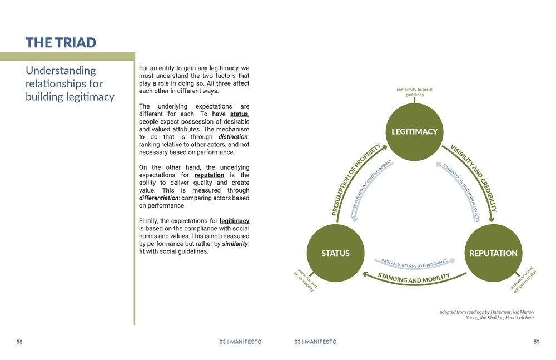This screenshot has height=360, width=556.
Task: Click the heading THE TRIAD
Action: [61, 42]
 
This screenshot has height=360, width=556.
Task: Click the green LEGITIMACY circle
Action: [414, 132]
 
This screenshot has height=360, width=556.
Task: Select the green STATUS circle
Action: [335, 253]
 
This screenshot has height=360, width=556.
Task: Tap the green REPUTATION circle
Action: [493, 253]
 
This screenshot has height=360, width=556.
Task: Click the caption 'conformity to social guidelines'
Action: [414, 92]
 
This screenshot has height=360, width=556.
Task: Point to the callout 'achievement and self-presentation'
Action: [523, 279]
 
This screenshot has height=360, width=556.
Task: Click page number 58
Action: [19, 342]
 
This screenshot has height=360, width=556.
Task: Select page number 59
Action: [536, 342]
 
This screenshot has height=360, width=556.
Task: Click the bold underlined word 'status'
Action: [239, 114]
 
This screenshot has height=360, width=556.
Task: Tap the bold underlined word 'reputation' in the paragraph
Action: [209, 175]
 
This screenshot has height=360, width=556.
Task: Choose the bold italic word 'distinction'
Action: [232, 136]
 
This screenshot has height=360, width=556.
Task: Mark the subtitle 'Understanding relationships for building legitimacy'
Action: [69, 83]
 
